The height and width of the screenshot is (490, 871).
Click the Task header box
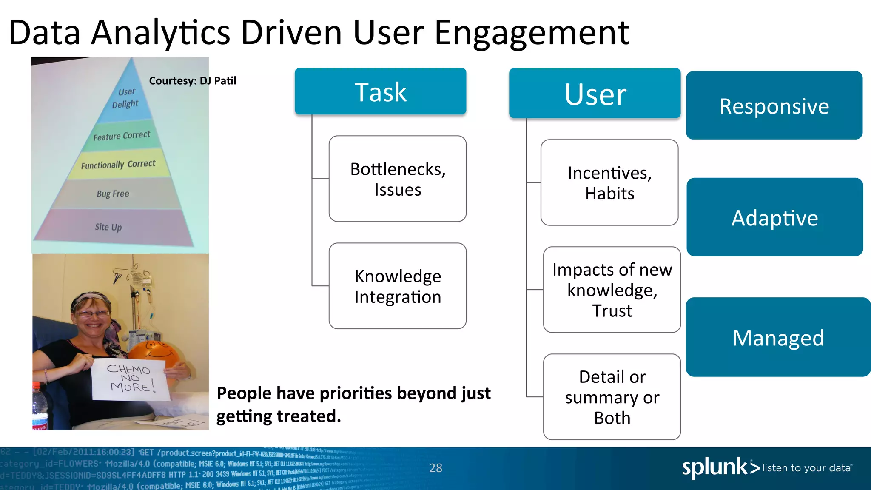[x=380, y=91]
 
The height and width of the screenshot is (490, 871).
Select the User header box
[x=595, y=94]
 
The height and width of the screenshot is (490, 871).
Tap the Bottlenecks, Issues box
[x=397, y=179]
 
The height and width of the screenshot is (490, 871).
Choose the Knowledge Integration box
[x=397, y=286]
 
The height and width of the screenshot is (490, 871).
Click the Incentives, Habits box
[x=609, y=183]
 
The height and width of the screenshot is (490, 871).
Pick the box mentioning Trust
[x=612, y=290]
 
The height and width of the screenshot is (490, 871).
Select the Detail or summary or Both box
[x=612, y=397]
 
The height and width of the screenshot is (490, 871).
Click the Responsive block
[x=774, y=105]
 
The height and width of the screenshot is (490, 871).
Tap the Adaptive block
[x=774, y=217]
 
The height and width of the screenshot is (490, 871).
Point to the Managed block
[x=778, y=337]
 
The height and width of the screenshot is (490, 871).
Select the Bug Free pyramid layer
[x=113, y=194]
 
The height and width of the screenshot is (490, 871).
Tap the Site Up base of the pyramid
[x=109, y=227]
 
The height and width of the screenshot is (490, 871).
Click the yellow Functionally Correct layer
[x=119, y=164]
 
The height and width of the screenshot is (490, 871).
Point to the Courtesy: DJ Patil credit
[x=192, y=81]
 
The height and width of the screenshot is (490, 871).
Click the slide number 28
[x=435, y=468]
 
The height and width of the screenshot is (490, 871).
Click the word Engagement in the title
[x=532, y=33]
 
